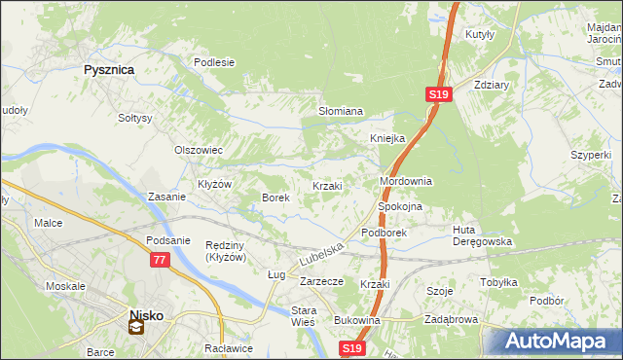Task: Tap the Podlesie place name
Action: click(214, 62)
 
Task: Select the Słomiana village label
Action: click(341, 112)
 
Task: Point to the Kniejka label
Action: click(386, 138)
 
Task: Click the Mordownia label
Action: click(405, 182)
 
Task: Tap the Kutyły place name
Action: click(481, 34)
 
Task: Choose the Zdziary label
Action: click(492, 84)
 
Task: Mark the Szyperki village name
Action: click(591, 155)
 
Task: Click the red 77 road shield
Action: click(160, 261)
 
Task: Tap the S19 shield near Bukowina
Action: click(353, 347)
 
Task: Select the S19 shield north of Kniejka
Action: click(438, 94)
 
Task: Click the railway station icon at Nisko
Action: click(136, 328)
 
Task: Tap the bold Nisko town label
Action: click(148, 314)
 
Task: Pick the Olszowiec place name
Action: click(199, 151)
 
